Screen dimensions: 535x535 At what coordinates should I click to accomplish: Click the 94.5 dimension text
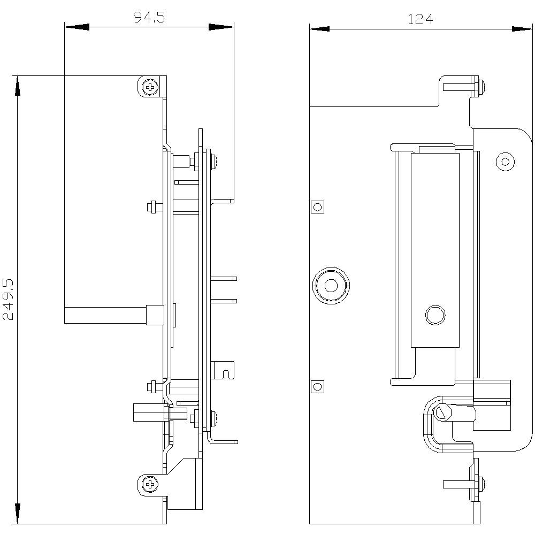pyautogui.click(x=149, y=18)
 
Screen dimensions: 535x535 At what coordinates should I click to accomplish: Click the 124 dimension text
pyautogui.click(x=421, y=19)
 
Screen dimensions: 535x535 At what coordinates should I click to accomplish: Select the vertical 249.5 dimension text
pyautogui.click(x=9, y=299)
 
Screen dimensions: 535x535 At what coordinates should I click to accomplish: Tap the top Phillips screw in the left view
pyautogui.click(x=150, y=86)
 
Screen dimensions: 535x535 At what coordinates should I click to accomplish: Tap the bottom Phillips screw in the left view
pyautogui.click(x=150, y=485)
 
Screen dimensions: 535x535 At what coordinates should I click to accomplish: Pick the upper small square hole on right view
pyautogui.click(x=318, y=207)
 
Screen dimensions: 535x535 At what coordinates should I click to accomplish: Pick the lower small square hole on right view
pyautogui.click(x=318, y=386)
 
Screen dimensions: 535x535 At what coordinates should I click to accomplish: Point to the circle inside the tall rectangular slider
pyautogui.click(x=435, y=315)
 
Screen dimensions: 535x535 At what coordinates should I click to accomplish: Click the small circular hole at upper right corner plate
pyautogui.click(x=505, y=160)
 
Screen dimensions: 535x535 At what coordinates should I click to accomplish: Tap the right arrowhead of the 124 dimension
pyautogui.click(x=521, y=28)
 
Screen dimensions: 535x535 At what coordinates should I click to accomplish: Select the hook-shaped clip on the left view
pyautogui.click(x=225, y=369)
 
